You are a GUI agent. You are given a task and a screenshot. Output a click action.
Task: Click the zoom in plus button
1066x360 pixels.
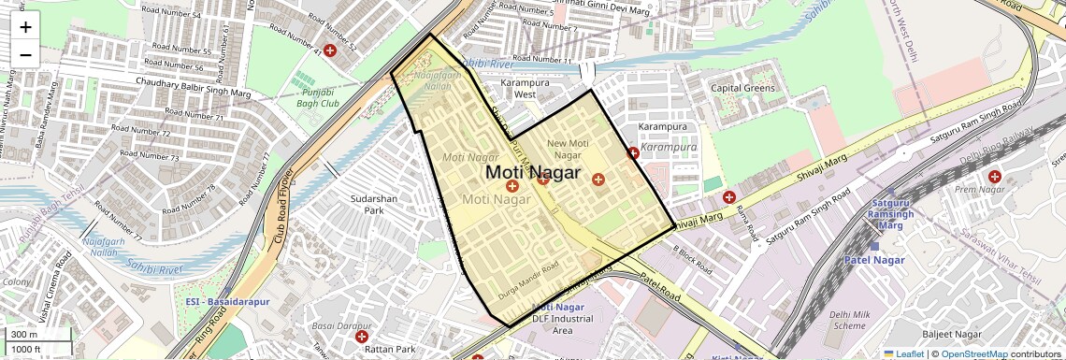[25, 27]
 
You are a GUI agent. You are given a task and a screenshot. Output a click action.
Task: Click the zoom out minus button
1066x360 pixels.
[25, 54]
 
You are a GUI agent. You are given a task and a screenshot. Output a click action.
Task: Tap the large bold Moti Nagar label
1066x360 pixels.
[533, 173]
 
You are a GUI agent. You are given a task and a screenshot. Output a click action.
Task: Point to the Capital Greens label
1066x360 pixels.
[743, 89]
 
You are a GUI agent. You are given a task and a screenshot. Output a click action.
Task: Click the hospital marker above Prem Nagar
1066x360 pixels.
[994, 176]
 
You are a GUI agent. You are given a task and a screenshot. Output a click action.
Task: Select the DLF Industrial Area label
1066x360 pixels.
[564, 324]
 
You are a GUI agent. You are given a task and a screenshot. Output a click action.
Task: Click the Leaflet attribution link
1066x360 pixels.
[902, 353]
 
